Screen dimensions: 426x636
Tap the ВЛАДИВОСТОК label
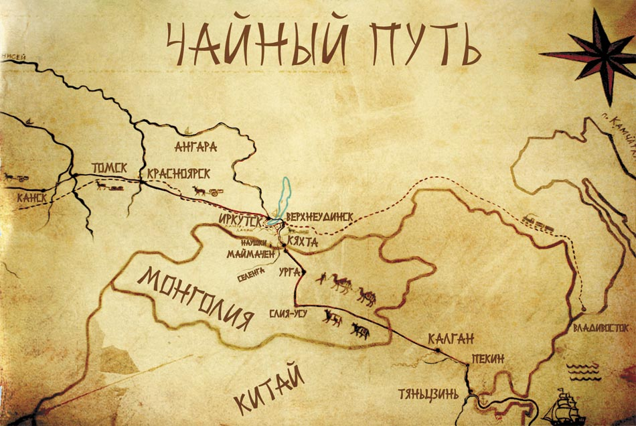(x=600, y=329)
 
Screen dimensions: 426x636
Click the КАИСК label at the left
(x=33, y=198)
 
